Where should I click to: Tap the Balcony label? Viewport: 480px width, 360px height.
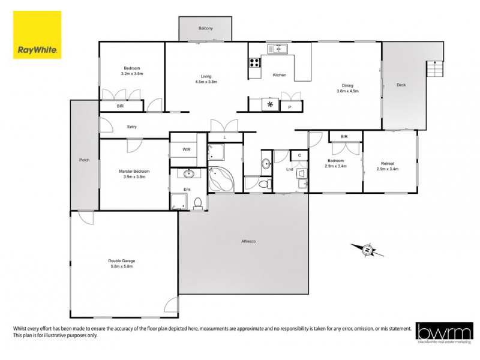[x=205, y=29]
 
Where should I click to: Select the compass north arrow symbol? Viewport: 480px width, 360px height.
[x=368, y=250]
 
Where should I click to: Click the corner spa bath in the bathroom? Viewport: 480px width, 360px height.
[x=223, y=178]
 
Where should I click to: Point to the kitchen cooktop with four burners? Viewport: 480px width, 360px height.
[x=254, y=61]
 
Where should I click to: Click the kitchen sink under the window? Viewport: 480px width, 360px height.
[x=278, y=49]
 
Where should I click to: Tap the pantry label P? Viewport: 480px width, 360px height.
[x=290, y=107]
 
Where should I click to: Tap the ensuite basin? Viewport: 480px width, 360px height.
[x=188, y=175]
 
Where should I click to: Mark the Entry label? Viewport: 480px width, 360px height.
[x=132, y=127]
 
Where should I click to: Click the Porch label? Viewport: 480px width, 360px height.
[x=84, y=160]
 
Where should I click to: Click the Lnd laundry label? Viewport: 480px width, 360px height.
[x=290, y=169]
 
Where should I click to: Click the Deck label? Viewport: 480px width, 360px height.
[x=401, y=85]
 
